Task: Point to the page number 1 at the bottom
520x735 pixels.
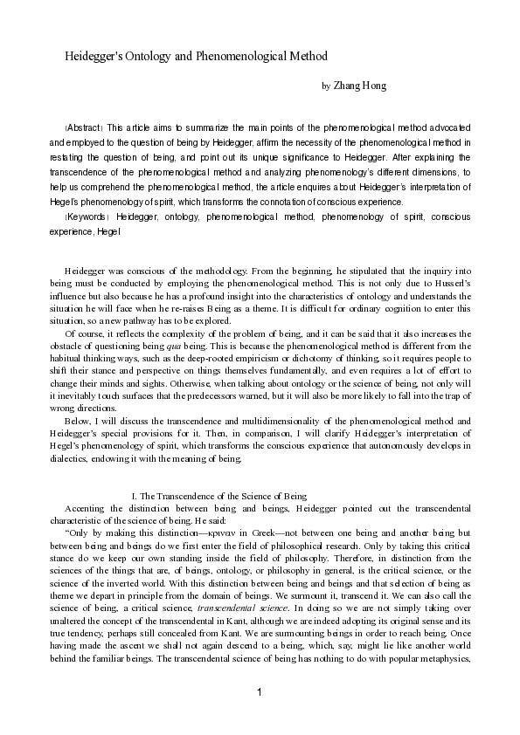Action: [x=260, y=692]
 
